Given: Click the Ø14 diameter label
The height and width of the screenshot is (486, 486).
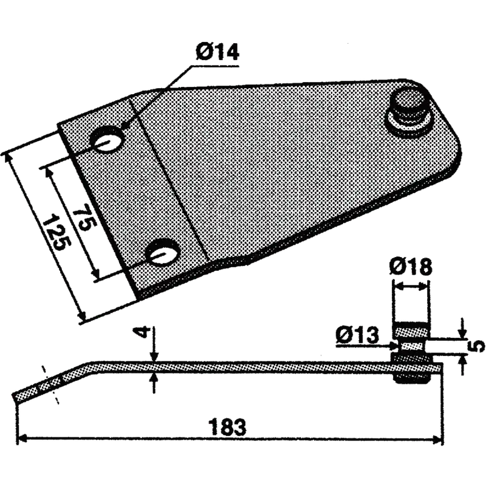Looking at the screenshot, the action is click(217, 52).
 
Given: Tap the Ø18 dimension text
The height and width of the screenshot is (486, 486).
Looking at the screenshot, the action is click(411, 267).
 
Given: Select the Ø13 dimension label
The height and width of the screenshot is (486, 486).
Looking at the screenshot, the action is click(357, 335).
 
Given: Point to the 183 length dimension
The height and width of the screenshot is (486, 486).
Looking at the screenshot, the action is click(228, 427).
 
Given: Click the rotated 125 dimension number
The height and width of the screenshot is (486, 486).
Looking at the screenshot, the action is click(57, 233).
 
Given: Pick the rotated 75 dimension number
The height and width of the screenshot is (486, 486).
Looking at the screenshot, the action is click(84, 220).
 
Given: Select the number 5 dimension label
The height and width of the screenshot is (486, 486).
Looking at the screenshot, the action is click(478, 346).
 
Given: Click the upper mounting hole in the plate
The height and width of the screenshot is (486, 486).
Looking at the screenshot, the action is click(107, 139).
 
